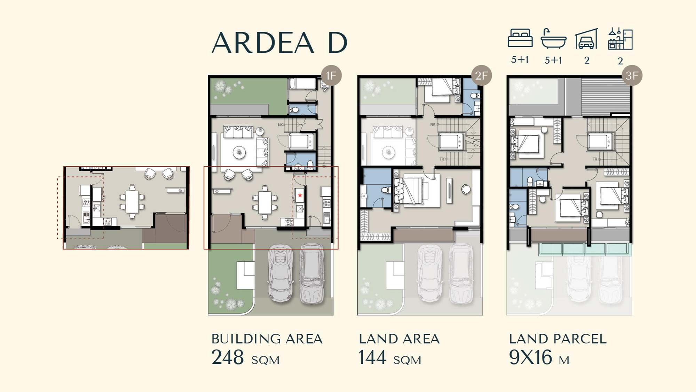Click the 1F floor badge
[331, 76]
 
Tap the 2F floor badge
[481, 76]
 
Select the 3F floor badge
[632, 76]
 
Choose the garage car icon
[586, 39]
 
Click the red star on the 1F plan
[300, 195]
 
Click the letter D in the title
[338, 43]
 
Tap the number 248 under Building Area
[228, 358]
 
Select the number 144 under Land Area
[372, 358]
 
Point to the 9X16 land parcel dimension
[530, 358]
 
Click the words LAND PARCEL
[557, 339]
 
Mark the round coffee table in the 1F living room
[239, 152]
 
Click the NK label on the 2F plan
[433, 124]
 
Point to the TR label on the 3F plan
[595, 159]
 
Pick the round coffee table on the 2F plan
[389, 152]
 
